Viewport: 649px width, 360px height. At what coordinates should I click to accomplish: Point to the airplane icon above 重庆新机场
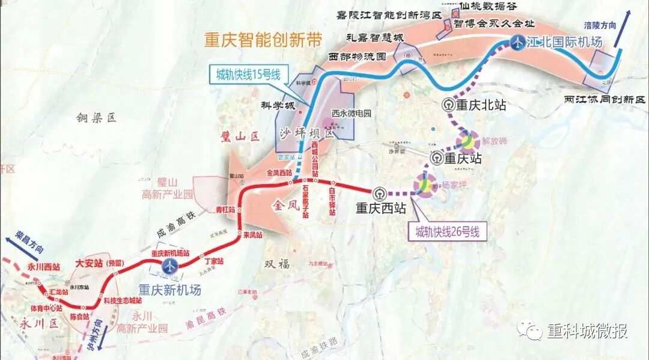click(171, 266)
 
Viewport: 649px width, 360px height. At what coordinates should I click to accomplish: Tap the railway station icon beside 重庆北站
click(448, 105)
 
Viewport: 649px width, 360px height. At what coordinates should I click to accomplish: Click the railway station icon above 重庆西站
click(379, 194)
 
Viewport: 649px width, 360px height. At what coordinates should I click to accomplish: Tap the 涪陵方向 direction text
click(599, 26)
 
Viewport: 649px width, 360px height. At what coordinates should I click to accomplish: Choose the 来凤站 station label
click(252, 236)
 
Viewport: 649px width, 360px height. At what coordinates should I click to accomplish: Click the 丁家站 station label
click(214, 261)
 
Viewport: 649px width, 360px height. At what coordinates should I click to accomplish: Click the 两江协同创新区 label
click(604, 99)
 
